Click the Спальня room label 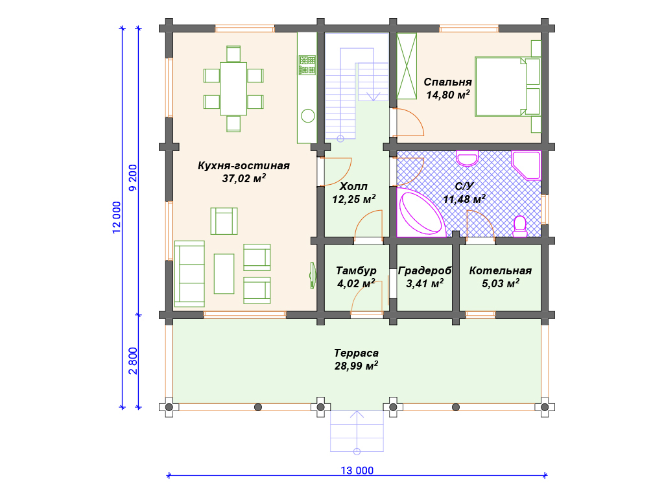(x=447, y=82)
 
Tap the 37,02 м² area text (x=244, y=178)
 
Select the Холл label (x=353, y=186)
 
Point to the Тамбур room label (x=356, y=270)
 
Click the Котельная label (x=500, y=270)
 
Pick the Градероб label (x=425, y=270)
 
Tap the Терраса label (x=356, y=353)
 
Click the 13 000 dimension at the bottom (x=357, y=471)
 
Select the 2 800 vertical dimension (x=133, y=361)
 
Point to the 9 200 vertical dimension (x=133, y=178)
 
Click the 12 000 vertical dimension (x=117, y=217)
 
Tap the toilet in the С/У (x=520, y=226)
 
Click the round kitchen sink (x=308, y=115)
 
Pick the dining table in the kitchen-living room (x=233, y=89)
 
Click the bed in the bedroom (x=508, y=87)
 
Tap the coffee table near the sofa (x=224, y=274)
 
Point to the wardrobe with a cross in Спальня (x=407, y=66)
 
